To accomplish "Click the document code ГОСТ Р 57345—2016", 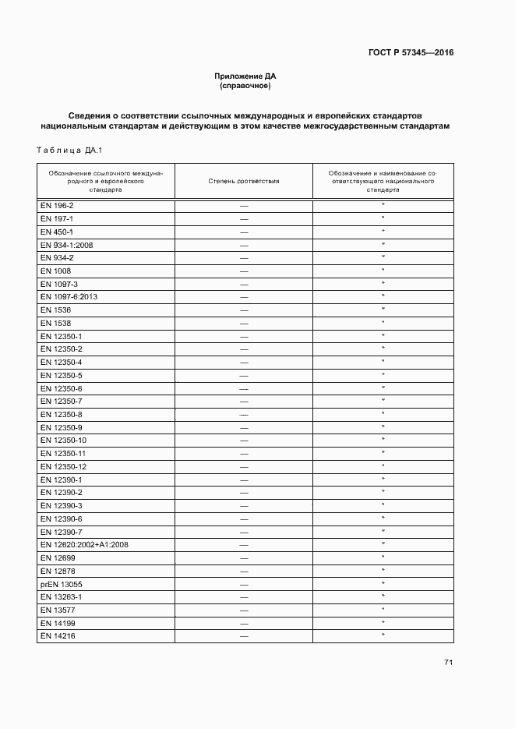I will click(x=411, y=53).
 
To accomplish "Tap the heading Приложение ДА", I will click(x=245, y=76).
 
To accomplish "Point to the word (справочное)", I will click(x=245, y=85).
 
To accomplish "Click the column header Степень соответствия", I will click(x=244, y=181).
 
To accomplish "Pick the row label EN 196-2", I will click(x=56, y=205).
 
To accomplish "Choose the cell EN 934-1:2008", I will click(x=66, y=245).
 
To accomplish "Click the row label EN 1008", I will click(x=55, y=271).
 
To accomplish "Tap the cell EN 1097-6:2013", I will click(x=69, y=297).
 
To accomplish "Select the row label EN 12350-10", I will click(x=63, y=441).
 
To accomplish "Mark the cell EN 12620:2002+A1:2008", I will click(x=84, y=544).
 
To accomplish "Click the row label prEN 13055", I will click(x=61, y=584).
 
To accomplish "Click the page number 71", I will click(x=448, y=663).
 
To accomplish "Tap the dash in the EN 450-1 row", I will click(x=244, y=232).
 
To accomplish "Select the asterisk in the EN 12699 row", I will click(x=383, y=557).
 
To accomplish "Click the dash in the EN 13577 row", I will click(x=244, y=610).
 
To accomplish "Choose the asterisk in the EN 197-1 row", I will click(x=383, y=218).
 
